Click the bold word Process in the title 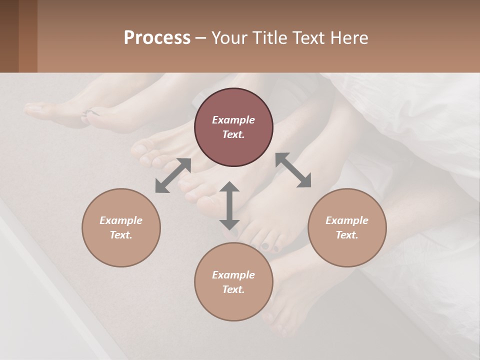point(157,38)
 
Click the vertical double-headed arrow point(229,205)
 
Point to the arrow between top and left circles point(173,175)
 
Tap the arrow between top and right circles point(293,170)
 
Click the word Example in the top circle point(233,120)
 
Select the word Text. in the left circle point(121,235)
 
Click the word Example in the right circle point(347,220)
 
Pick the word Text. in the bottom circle point(233,289)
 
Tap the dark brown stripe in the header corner point(9,36)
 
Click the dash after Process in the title point(200,38)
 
